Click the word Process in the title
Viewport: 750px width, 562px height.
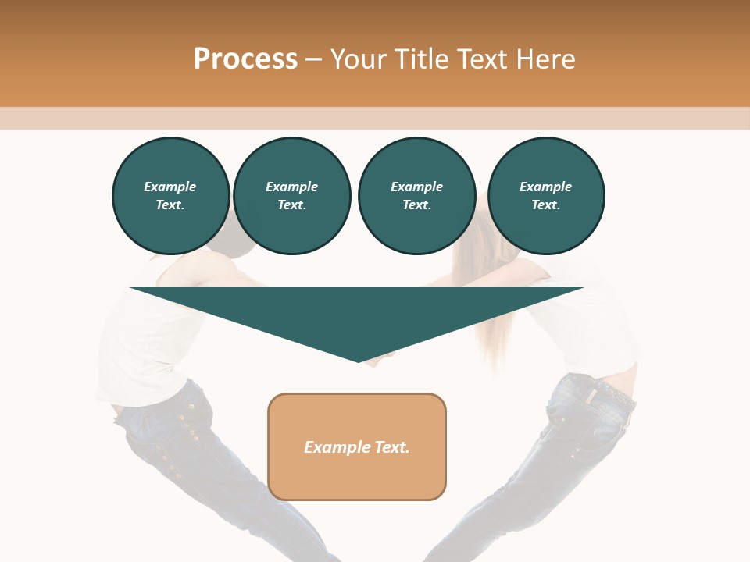tap(245, 59)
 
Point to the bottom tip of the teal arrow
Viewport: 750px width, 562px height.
tap(359, 361)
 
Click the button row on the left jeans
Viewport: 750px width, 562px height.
tap(176, 437)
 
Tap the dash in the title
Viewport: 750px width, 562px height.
tap(314, 59)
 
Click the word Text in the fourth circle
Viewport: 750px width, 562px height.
tap(545, 205)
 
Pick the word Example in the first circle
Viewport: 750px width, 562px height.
tap(170, 187)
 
